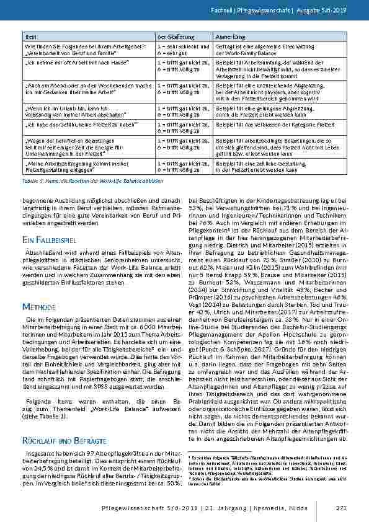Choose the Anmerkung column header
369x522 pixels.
click(x=229, y=37)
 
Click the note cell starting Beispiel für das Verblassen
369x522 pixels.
click(x=269, y=125)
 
